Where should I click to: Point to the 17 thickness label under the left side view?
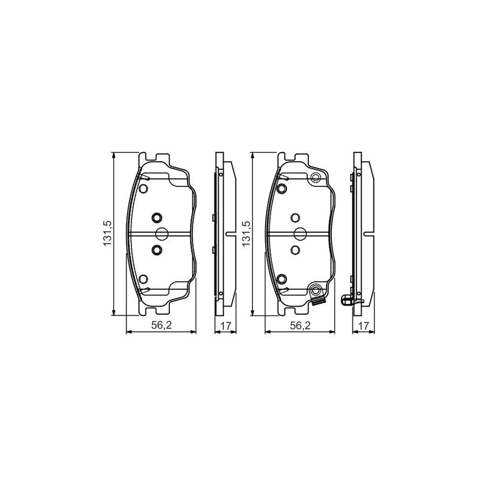(225, 326)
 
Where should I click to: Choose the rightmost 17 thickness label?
(364, 326)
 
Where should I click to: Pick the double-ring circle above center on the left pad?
(156, 217)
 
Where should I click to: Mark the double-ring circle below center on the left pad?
(156, 250)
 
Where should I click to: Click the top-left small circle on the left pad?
(143, 189)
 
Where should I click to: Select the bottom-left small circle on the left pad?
(143, 279)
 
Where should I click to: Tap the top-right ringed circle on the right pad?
(316, 178)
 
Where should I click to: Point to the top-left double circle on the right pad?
(281, 189)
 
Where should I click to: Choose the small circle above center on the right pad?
(295, 217)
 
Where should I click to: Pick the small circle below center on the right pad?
(295, 250)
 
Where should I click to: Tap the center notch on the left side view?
(229, 234)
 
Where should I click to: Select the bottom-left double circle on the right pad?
(281, 279)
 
